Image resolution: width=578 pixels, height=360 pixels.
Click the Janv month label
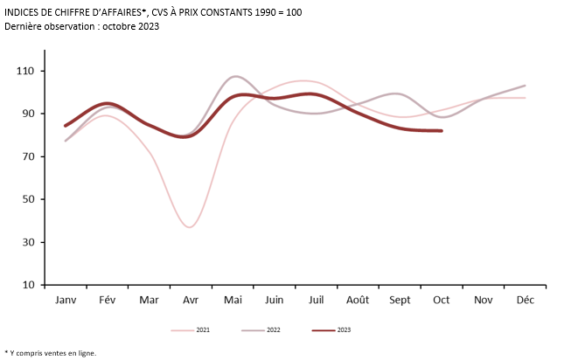point(66,300)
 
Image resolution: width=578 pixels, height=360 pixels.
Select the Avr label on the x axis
point(190,300)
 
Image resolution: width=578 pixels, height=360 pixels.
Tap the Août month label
point(357,300)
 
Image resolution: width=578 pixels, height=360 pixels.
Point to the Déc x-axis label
point(525,300)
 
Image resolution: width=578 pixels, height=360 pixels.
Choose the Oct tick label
point(441,300)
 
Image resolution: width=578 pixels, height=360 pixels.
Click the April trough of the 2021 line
point(190,227)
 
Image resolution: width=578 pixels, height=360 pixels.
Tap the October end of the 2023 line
point(442,131)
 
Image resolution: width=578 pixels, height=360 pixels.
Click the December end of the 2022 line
point(525,86)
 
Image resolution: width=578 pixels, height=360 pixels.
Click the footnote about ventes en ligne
point(51,353)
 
